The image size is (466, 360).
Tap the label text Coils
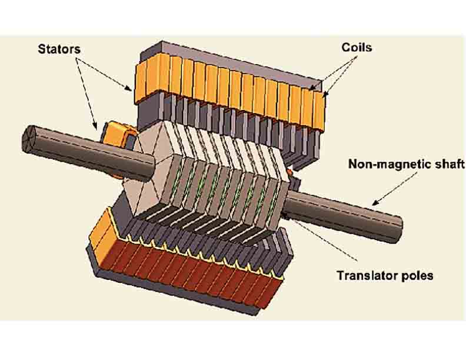click(x=357, y=46)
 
